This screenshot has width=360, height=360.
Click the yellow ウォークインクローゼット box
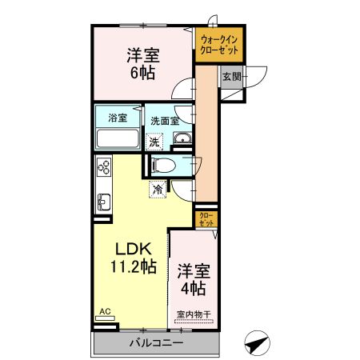point(220,46)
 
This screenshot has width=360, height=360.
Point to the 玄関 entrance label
point(231,77)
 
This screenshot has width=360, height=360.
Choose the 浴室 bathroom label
point(118,118)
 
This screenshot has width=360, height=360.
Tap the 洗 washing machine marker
point(155,141)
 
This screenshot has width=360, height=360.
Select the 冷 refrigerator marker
point(158,190)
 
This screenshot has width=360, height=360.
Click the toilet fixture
point(164,166)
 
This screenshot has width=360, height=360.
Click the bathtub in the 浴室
point(118,139)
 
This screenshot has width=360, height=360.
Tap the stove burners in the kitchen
point(104,167)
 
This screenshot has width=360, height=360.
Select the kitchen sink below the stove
point(103,200)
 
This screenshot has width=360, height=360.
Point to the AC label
point(104,312)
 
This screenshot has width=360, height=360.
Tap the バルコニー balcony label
point(156,342)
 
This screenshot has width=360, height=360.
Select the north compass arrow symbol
point(255,343)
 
